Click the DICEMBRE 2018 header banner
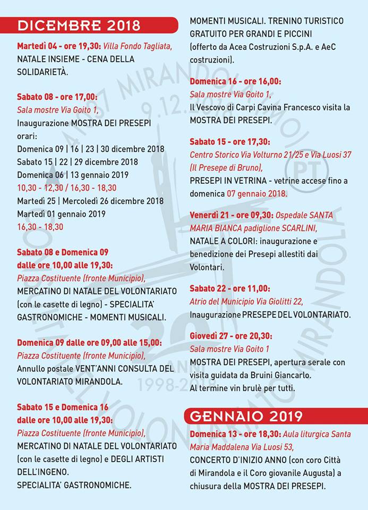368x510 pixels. (90, 25)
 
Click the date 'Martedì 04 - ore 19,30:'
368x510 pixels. (58, 46)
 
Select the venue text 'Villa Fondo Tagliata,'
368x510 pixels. (138, 46)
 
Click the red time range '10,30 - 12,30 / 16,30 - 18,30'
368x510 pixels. (66, 188)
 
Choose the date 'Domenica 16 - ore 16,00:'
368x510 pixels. (235, 82)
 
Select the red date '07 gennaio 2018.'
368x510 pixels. (257, 193)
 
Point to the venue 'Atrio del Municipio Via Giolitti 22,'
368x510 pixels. (246, 301)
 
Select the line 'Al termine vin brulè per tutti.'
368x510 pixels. (242, 388)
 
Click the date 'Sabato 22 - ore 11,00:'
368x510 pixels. (229, 288)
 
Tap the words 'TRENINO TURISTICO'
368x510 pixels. (305, 21)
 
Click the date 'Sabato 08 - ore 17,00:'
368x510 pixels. (57, 97)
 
